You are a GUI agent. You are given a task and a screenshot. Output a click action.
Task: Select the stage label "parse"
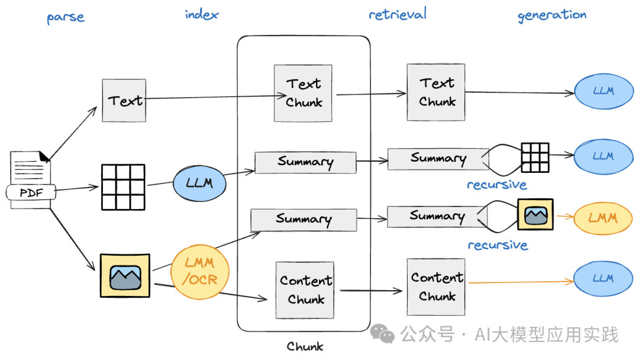[66, 17]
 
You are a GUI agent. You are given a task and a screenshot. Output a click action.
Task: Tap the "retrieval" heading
[397, 14]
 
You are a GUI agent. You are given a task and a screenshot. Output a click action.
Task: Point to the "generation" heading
[552, 15]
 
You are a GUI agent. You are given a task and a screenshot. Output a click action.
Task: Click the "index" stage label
[201, 14]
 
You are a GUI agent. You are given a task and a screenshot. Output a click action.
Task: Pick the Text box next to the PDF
[124, 101]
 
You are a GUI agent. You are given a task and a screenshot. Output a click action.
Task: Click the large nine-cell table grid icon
[123, 187]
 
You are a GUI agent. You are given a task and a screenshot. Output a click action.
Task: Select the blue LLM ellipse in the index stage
[199, 182]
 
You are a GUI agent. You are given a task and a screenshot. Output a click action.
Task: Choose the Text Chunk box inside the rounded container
[303, 93]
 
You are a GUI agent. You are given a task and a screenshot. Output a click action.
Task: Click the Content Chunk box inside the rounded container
[305, 290]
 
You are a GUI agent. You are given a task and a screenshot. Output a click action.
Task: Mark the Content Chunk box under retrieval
[436, 287]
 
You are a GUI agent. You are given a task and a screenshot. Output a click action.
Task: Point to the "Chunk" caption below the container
[305, 346]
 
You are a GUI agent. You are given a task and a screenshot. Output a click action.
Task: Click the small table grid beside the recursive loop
[535, 157]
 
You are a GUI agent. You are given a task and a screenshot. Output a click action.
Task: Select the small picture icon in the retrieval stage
[535, 214]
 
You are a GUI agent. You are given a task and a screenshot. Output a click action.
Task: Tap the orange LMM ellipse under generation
[603, 218]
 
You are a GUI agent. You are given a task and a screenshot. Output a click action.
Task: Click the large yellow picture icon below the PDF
[125, 275]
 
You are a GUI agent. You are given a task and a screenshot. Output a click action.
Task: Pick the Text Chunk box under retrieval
[436, 92]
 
